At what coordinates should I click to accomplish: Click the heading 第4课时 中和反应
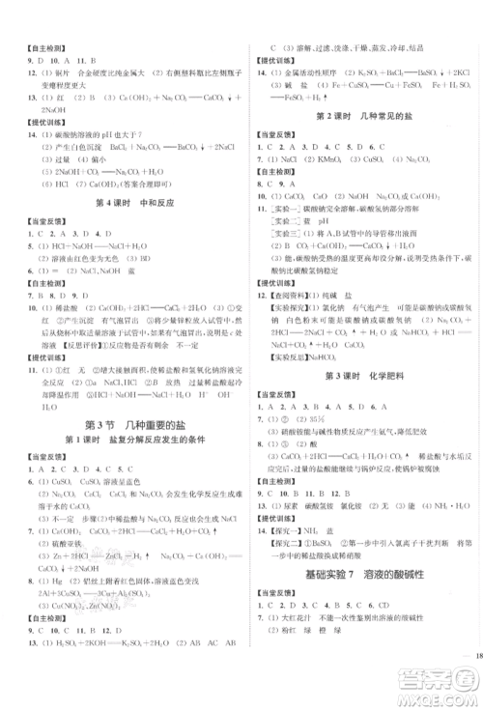tap(122, 201)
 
